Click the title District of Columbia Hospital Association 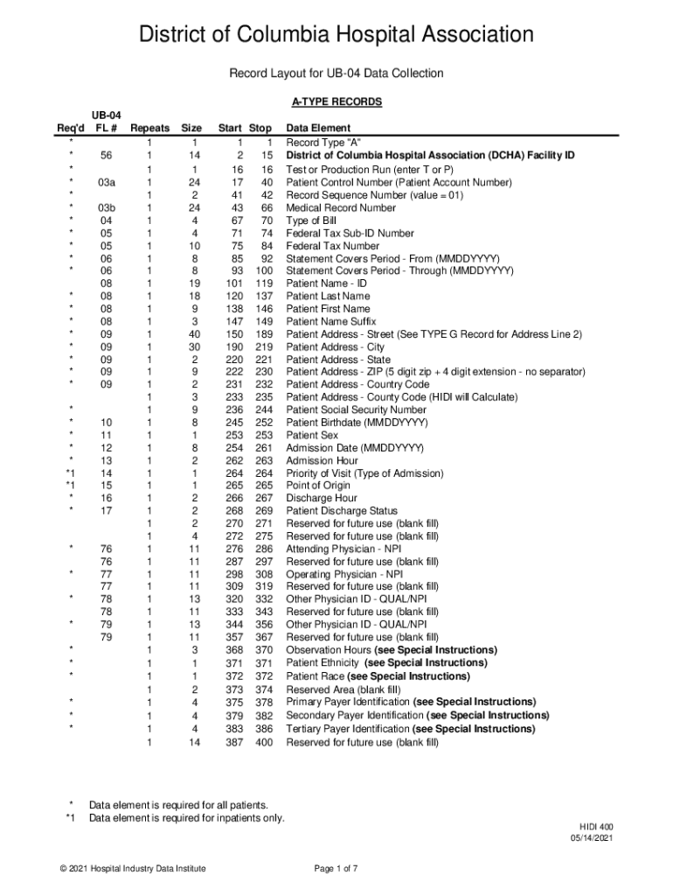coord(336,36)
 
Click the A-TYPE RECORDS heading coord(336,102)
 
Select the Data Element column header coord(318,128)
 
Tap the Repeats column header coord(149,128)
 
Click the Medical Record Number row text coord(341,208)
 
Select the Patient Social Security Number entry coord(357,409)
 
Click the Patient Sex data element coord(312,435)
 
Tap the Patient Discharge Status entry coord(342,511)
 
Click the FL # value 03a coord(107,183)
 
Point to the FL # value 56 coord(107,156)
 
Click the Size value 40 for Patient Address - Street coord(194,334)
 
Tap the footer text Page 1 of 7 coord(336,868)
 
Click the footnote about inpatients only coord(186,818)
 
